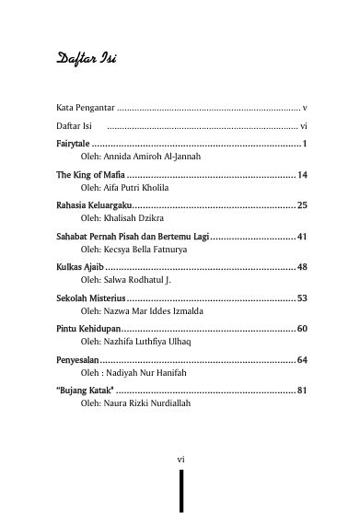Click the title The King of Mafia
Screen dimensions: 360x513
click(89, 174)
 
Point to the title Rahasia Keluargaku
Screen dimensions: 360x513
click(94, 204)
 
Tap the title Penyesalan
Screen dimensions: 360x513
click(77, 359)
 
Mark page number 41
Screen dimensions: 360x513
click(302, 237)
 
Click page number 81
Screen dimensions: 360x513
click(302, 391)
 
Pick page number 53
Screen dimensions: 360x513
click(302, 298)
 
